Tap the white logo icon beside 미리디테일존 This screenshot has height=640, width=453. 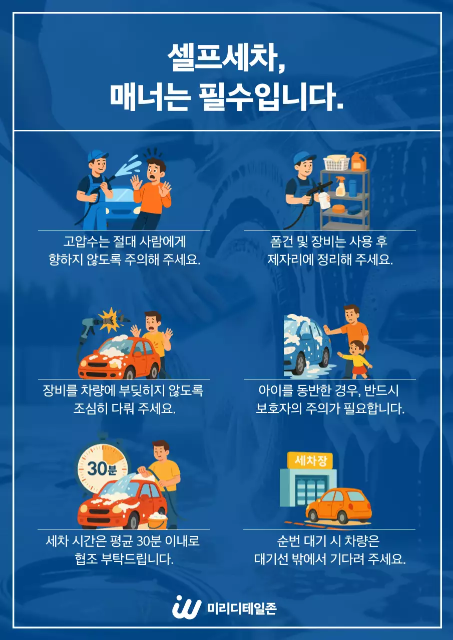pyautogui.click(x=186, y=607)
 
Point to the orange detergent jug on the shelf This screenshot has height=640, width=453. pyautogui.click(x=358, y=161)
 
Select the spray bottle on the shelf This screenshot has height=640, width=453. pyautogui.click(x=341, y=187)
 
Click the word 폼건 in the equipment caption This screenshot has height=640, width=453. pyautogui.click(x=280, y=241)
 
